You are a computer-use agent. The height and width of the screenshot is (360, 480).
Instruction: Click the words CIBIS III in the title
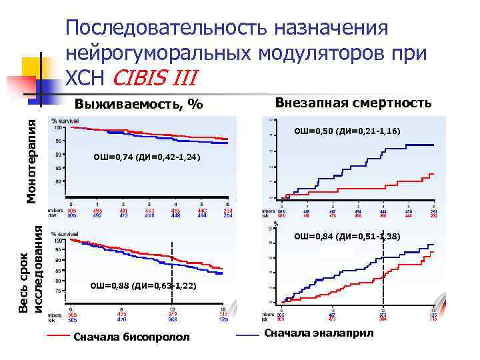pos(155,77)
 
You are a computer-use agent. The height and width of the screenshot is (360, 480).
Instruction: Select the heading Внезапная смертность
pos(353,103)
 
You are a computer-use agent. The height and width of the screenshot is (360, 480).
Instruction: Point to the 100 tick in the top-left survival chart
pos(59,127)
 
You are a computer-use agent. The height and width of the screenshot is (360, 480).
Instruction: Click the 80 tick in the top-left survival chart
pos(59,181)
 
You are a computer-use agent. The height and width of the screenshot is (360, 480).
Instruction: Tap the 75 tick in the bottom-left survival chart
pos(59,291)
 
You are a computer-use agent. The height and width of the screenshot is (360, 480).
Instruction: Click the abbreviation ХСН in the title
pos(85,77)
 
